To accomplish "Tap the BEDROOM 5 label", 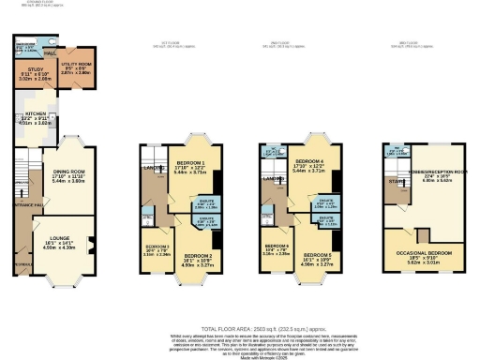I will click(317, 253).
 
